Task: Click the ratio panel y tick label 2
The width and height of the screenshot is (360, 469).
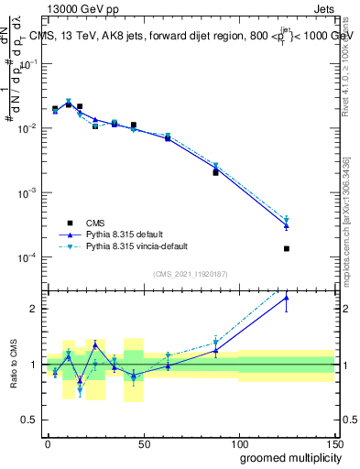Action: click(x=33, y=309)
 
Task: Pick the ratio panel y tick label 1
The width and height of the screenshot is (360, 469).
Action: click(x=33, y=365)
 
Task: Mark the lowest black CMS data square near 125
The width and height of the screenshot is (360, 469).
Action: click(x=287, y=248)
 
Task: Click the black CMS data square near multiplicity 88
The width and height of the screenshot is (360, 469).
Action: click(x=215, y=172)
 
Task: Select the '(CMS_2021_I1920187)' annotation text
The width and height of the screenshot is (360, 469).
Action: click(x=191, y=273)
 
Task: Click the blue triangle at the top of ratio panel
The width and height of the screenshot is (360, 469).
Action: click(x=287, y=297)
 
